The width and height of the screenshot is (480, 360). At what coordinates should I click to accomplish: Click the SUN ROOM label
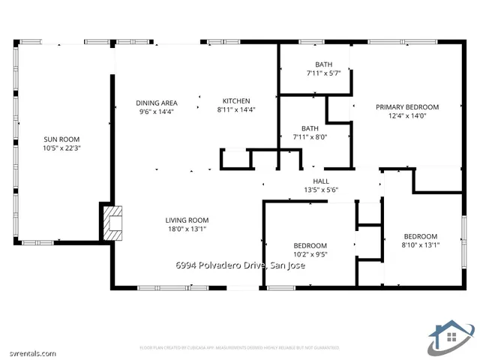click(x=61, y=139)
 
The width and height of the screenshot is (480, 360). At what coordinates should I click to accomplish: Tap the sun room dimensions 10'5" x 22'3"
click(x=61, y=148)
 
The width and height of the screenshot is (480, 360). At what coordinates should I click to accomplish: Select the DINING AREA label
click(x=156, y=103)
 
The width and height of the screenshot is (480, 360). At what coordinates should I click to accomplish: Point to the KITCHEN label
click(x=236, y=101)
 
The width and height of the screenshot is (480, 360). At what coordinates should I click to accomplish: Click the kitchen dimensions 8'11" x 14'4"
click(x=236, y=110)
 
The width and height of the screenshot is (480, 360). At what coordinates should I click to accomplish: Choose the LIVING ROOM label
click(x=187, y=220)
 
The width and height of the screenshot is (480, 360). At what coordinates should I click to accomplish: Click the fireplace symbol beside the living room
click(x=112, y=222)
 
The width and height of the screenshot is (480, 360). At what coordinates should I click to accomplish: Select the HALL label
click(x=321, y=181)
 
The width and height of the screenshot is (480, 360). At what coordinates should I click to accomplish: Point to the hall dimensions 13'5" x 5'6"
click(x=321, y=190)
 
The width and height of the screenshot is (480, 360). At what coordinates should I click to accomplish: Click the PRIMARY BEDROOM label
click(x=407, y=107)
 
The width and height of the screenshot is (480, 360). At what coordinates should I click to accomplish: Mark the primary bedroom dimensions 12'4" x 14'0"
click(x=407, y=116)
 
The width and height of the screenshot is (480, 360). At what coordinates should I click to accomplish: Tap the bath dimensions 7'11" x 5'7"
click(x=323, y=73)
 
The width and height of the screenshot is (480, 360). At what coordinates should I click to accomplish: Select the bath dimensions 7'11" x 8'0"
click(x=310, y=136)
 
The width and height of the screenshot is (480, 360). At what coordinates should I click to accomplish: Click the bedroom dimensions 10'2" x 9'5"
click(x=310, y=254)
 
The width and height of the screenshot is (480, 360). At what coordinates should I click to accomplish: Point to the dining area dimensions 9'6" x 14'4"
click(x=156, y=112)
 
